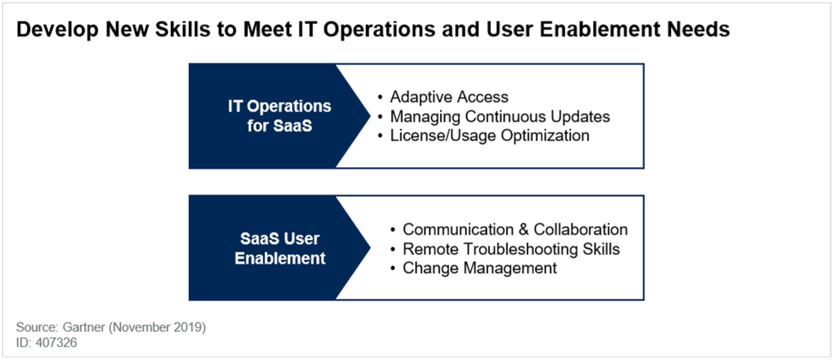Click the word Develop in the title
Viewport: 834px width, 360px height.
click(x=58, y=30)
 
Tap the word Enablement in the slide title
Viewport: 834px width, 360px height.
click(x=599, y=29)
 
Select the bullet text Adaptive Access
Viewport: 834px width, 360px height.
click(x=449, y=97)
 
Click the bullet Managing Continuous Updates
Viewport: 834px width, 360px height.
click(x=500, y=117)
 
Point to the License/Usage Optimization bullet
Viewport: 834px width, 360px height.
click(x=490, y=136)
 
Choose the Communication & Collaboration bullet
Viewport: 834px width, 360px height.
click(x=515, y=230)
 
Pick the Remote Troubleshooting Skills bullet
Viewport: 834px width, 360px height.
click(x=511, y=249)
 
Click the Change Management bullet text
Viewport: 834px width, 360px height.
click(x=479, y=268)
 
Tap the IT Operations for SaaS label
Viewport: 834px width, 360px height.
click(x=280, y=116)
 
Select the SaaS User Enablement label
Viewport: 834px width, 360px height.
click(x=280, y=248)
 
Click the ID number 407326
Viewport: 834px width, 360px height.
click(x=56, y=343)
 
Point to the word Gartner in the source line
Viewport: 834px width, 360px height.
click(x=84, y=327)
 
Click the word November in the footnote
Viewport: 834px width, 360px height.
click(x=141, y=327)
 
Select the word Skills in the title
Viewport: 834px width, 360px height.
click(x=182, y=29)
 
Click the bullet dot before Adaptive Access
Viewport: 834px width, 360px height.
click(x=380, y=98)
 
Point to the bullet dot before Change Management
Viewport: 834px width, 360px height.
click(x=393, y=268)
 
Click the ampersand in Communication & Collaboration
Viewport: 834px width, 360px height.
click(x=523, y=230)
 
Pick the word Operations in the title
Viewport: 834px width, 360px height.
click(x=379, y=30)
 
